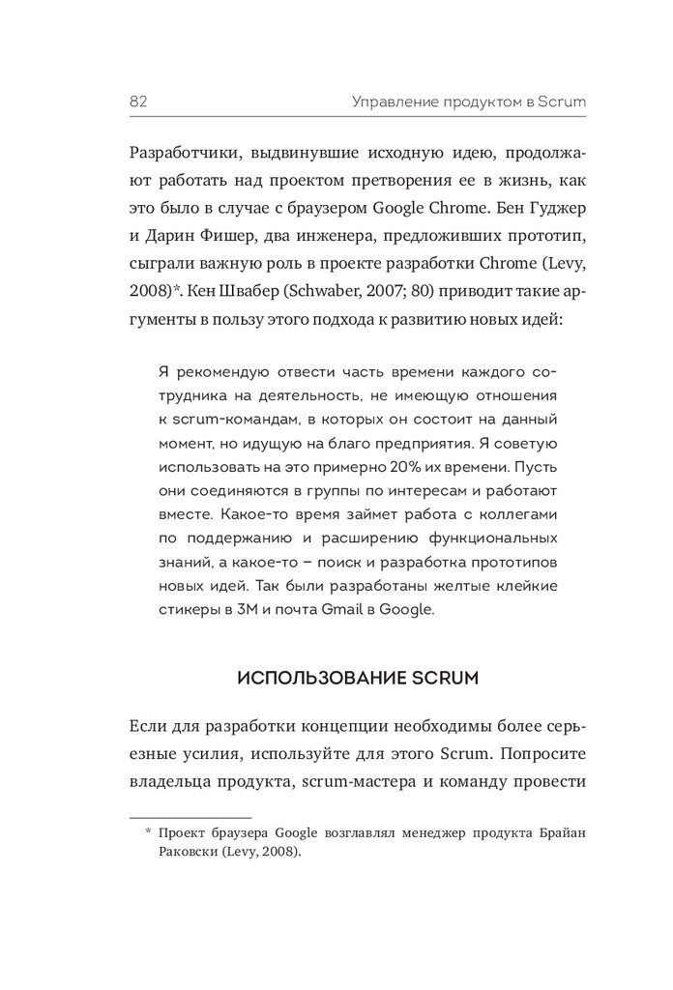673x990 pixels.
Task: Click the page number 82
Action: click(136, 101)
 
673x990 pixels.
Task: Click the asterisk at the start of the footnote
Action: click(149, 831)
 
